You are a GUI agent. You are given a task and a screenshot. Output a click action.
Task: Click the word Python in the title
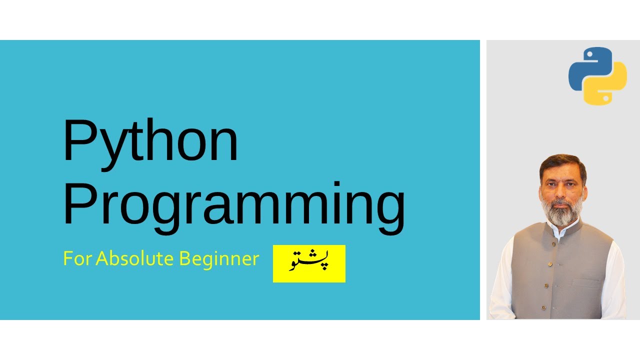(x=150, y=144)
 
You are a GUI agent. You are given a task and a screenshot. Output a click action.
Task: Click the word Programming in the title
(x=234, y=208)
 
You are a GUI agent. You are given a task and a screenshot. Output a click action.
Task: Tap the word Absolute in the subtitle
(x=135, y=258)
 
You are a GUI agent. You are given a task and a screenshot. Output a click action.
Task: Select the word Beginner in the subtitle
(x=219, y=260)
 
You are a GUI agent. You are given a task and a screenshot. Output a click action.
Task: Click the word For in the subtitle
(x=77, y=258)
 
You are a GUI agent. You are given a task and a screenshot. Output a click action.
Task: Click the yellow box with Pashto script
(x=309, y=263)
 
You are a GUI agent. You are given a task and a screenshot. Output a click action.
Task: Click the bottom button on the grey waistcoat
(x=543, y=308)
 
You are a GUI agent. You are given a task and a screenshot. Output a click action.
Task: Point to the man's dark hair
(x=562, y=163)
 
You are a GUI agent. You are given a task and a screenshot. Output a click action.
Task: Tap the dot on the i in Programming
(x=337, y=183)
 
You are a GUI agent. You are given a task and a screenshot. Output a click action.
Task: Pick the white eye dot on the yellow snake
(x=605, y=98)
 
